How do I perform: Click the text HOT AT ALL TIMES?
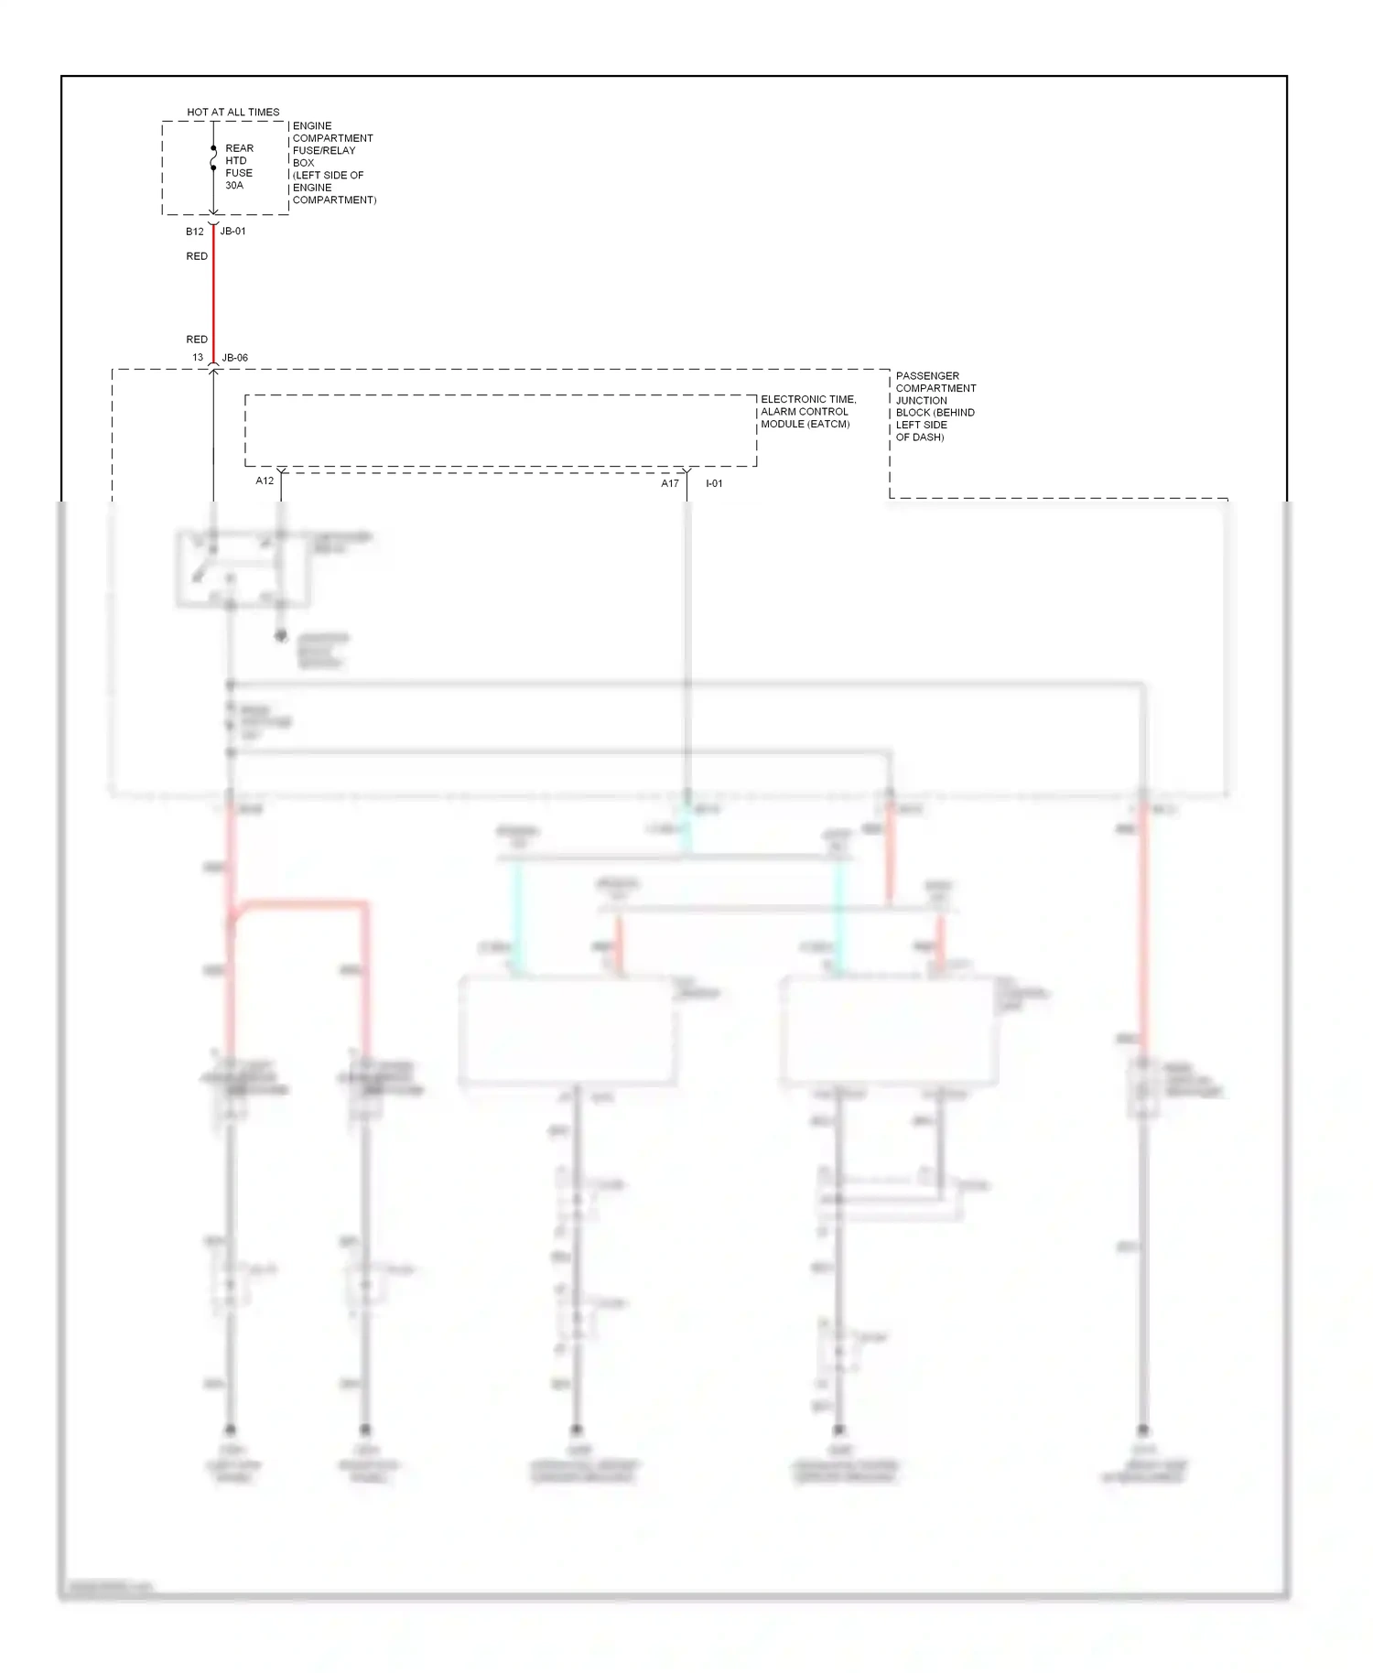(x=233, y=112)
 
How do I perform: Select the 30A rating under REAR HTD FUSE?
(x=234, y=185)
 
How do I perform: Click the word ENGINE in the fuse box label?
(x=312, y=126)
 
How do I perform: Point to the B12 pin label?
(x=194, y=232)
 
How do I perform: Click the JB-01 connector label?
(x=233, y=232)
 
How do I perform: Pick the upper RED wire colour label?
(x=197, y=256)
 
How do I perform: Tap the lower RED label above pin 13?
(x=197, y=340)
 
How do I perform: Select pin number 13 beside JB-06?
(x=198, y=358)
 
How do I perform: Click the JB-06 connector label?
(x=235, y=358)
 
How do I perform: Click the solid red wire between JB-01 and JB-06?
(x=213, y=293)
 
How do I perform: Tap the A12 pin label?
(x=265, y=480)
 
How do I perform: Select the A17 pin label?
(x=670, y=483)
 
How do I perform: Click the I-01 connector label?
(x=714, y=483)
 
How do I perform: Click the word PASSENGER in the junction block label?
(x=927, y=376)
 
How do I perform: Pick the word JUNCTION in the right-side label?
(x=921, y=400)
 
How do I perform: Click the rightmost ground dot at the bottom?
(x=1142, y=1430)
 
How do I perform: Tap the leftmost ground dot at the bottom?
(x=231, y=1430)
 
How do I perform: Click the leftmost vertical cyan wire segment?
(x=517, y=915)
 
